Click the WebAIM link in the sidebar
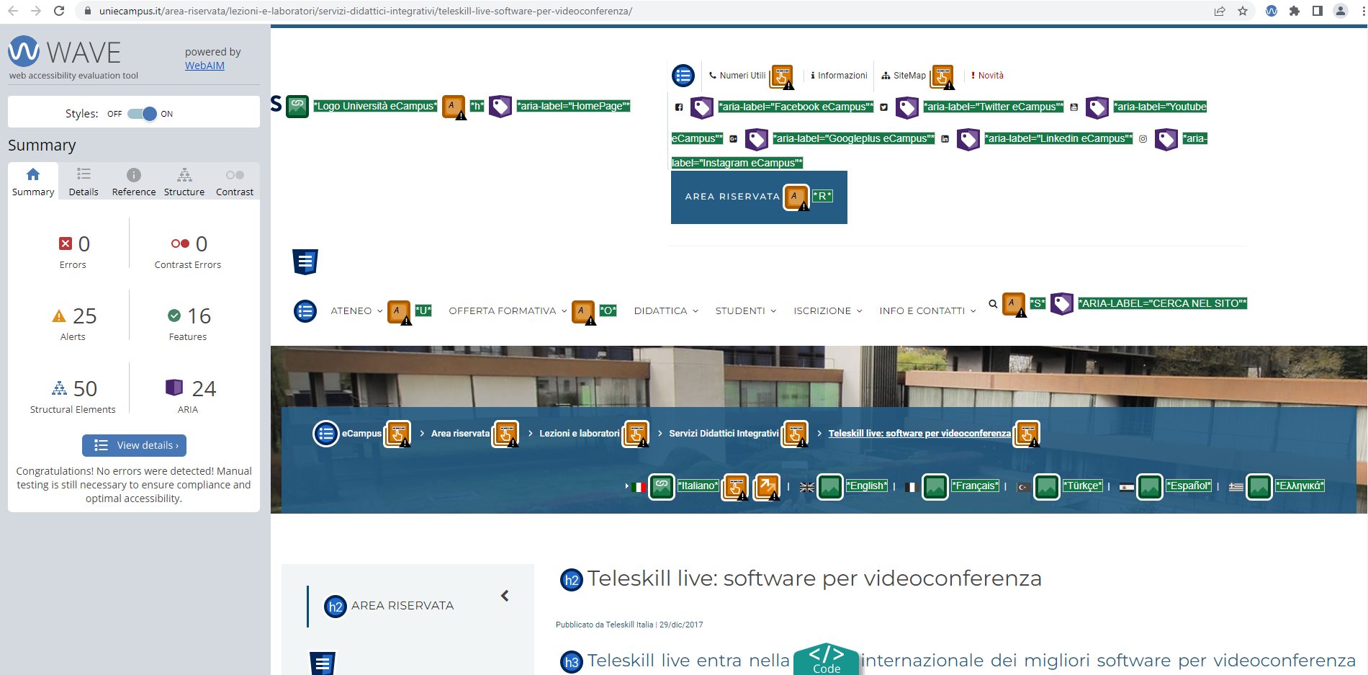[x=204, y=66]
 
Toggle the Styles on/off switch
[x=142, y=114]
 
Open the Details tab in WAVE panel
[x=84, y=182]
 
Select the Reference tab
[x=134, y=182]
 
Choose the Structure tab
[x=184, y=182]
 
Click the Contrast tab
[x=235, y=182]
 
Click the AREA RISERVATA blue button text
[x=732, y=197]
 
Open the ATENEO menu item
[x=351, y=311]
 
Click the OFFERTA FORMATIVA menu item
[x=503, y=311]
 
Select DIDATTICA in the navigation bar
[x=660, y=311]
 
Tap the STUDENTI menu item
[x=740, y=311]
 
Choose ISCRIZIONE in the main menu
[x=822, y=311]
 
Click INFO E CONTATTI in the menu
[x=922, y=311]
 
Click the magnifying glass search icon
[x=993, y=304]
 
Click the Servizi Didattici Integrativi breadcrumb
[x=724, y=434]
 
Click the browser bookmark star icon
[x=1243, y=11]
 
